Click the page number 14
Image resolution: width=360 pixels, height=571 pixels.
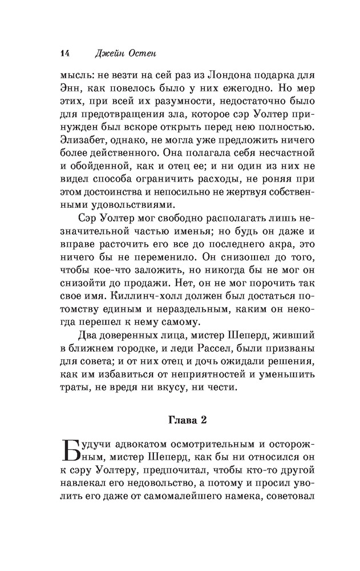coord(63,53)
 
